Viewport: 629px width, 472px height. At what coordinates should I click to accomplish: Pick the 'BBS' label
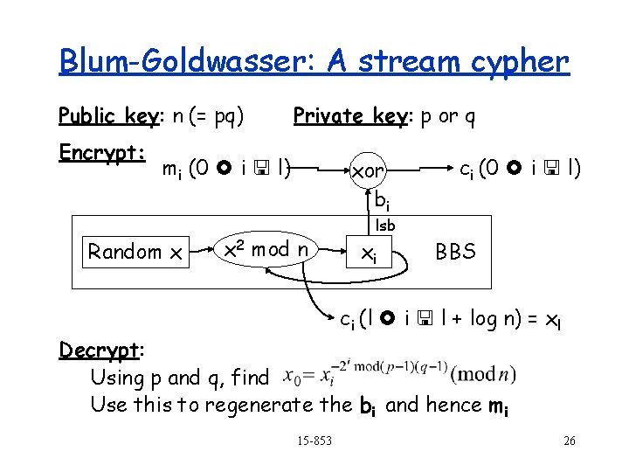pos(456,252)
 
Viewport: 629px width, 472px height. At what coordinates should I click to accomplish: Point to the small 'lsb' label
pos(385,226)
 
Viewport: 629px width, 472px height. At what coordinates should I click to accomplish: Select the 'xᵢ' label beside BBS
pos(370,253)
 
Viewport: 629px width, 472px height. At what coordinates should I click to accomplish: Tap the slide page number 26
pos(570,441)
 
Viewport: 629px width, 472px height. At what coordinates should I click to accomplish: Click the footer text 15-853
pos(314,440)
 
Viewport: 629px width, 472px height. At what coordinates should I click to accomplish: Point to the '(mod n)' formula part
pos(483,375)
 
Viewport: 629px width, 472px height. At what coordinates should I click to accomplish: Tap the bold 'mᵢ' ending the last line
pos(500,406)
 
